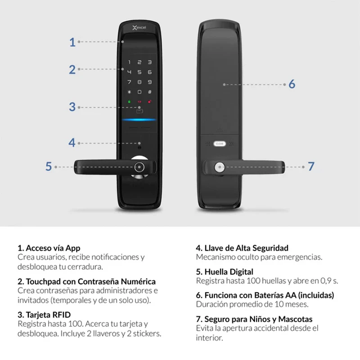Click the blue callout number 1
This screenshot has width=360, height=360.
pyautogui.click(x=72, y=42)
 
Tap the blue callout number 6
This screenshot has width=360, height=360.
pyautogui.click(x=292, y=84)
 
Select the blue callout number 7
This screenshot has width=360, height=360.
pyautogui.click(x=311, y=166)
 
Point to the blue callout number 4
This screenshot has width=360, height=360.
pyautogui.click(x=72, y=143)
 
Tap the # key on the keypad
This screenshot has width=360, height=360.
pyautogui.click(x=150, y=92)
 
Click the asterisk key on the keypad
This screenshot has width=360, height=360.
pyautogui.click(x=129, y=92)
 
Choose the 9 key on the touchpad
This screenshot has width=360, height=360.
pyautogui.click(x=150, y=82)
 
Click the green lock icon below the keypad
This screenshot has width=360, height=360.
pyautogui.click(x=129, y=101)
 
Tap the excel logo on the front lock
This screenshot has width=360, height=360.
pyautogui.click(x=139, y=28)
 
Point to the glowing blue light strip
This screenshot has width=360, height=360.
pyautogui.click(x=139, y=120)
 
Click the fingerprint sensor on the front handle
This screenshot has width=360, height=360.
pyautogui.click(x=139, y=167)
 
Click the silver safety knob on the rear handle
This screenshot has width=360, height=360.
pyautogui.click(x=219, y=167)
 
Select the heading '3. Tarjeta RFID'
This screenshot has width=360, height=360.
pyautogui.click(x=44, y=315)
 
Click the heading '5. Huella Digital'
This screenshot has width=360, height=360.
pyautogui.click(x=225, y=272)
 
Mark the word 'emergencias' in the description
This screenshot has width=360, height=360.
pyautogui.click(x=300, y=257)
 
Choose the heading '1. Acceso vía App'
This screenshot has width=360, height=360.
pyautogui.click(x=49, y=248)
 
